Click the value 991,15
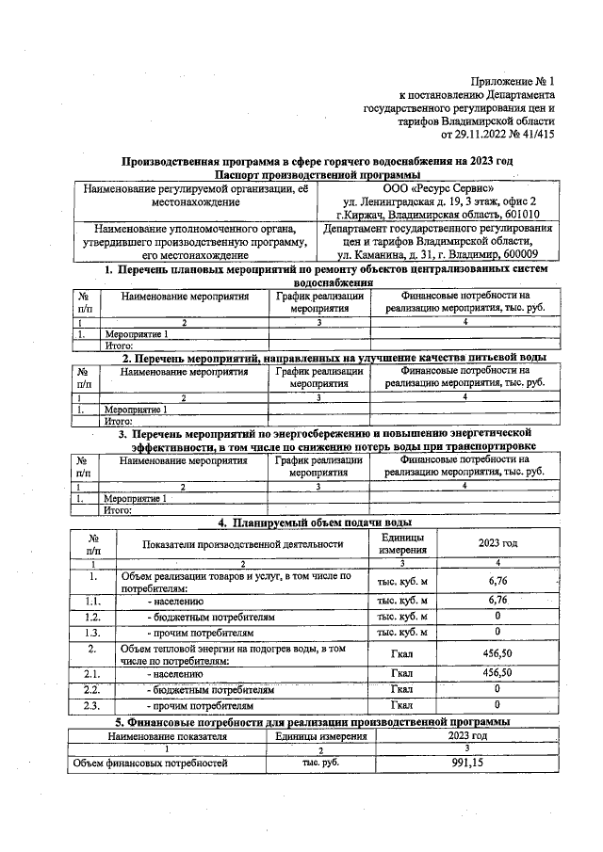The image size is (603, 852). [x=466, y=764]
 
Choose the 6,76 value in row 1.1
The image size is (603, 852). [x=497, y=600]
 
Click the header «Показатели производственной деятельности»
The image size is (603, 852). [x=242, y=543]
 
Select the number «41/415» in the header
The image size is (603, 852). [x=533, y=134]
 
